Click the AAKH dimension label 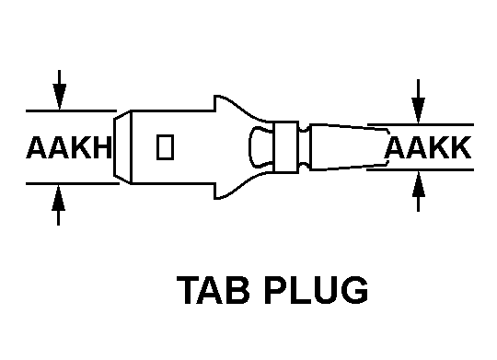pyautogui.click(x=69, y=147)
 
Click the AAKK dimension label pyautogui.click(x=428, y=147)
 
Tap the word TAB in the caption pyautogui.click(x=213, y=290)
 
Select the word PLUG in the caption pyautogui.click(x=316, y=290)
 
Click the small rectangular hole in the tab pyautogui.click(x=165, y=147)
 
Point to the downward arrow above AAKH pyautogui.click(x=59, y=90)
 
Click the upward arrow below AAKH pyautogui.click(x=58, y=205)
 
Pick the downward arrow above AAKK pyautogui.click(x=419, y=101)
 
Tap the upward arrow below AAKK pyautogui.click(x=419, y=191)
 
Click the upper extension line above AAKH pyautogui.click(x=71, y=111)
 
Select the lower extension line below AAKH pyautogui.click(x=73, y=183)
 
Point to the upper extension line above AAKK pyautogui.click(x=421, y=124)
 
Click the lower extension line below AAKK pyautogui.click(x=421, y=170)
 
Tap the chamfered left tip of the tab pyautogui.click(x=122, y=147)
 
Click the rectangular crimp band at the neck pyautogui.click(x=286, y=147)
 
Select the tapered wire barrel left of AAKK pyautogui.click(x=349, y=147)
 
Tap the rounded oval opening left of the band pyautogui.click(x=260, y=146)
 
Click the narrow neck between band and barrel pyautogui.click(x=304, y=147)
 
